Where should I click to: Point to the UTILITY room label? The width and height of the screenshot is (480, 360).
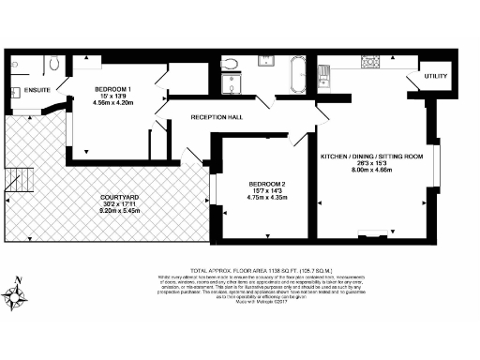coord(436,75)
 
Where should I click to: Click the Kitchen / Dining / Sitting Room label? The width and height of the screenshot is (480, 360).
coord(375,155)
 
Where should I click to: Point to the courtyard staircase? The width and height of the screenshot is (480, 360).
coord(17,180)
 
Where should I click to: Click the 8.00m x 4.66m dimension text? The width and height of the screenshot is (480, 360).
coord(375,172)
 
